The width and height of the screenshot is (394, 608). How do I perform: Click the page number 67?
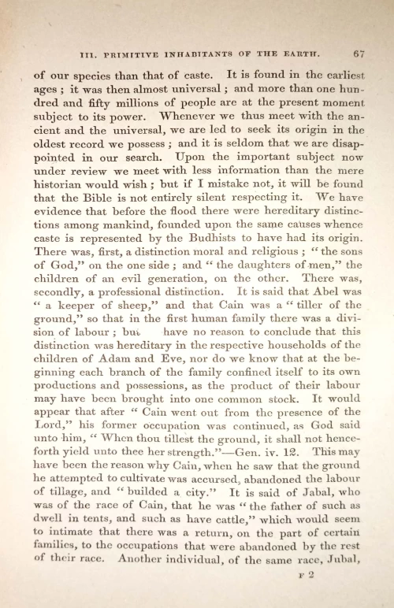[359, 54]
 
